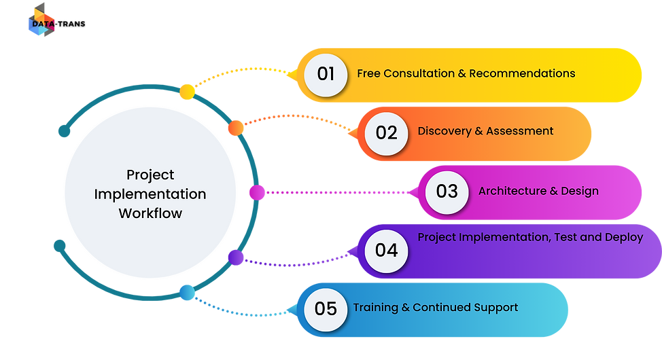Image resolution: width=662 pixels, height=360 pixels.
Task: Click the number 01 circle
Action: point(326,73)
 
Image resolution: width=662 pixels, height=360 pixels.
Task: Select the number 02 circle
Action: point(386,132)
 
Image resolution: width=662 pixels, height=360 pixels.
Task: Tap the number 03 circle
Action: point(447,192)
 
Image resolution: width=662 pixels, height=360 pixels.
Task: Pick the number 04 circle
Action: point(386,250)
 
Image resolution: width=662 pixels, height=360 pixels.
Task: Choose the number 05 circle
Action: point(326,308)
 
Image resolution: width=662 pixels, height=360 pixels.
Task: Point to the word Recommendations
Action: point(522,73)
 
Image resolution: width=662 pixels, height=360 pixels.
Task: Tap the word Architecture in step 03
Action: point(512,191)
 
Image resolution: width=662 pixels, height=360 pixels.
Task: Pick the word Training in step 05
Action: point(375,308)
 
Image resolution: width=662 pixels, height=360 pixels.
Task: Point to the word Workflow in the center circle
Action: point(150,213)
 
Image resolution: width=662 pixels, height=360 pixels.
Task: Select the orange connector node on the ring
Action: point(235,127)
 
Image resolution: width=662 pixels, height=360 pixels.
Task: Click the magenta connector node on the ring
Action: point(256,192)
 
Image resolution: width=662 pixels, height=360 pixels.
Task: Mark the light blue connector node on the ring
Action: point(186,293)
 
